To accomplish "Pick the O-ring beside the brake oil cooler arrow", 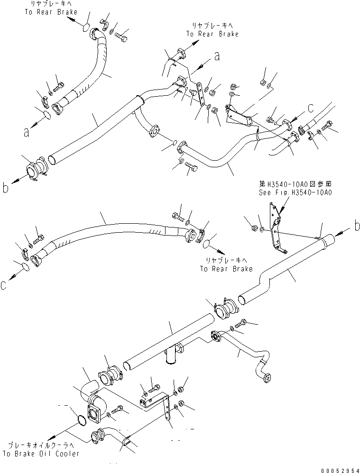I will [82, 420].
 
